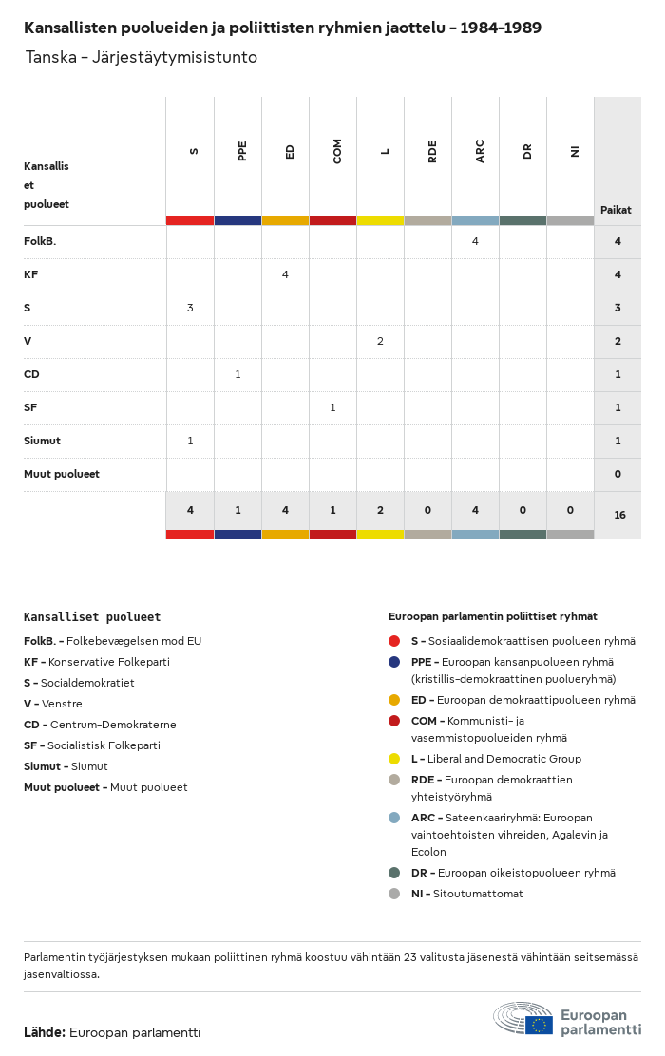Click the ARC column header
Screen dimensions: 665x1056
(480, 151)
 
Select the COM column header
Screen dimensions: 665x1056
(337, 151)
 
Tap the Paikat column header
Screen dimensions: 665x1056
(616, 210)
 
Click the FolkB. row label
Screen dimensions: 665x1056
(40, 241)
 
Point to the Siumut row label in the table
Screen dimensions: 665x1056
(42, 441)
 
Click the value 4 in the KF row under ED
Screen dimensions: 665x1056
(285, 274)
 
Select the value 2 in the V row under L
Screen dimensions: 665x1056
(380, 341)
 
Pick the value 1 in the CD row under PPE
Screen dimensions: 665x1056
(237, 374)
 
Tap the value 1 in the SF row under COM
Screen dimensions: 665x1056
(332, 407)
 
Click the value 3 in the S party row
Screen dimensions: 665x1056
(190, 308)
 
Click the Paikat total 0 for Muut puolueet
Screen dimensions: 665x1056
(617, 474)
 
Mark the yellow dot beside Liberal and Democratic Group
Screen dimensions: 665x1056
(395, 759)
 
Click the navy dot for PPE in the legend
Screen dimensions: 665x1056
(395, 662)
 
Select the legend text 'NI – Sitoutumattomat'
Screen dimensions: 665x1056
(466, 894)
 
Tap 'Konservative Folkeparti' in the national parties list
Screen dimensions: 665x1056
(109, 662)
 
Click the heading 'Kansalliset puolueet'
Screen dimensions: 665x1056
(92, 617)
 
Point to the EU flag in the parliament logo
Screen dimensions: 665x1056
(539, 1025)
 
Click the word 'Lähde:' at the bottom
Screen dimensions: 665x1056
(45, 1031)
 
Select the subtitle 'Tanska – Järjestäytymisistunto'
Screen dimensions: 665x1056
(142, 57)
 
